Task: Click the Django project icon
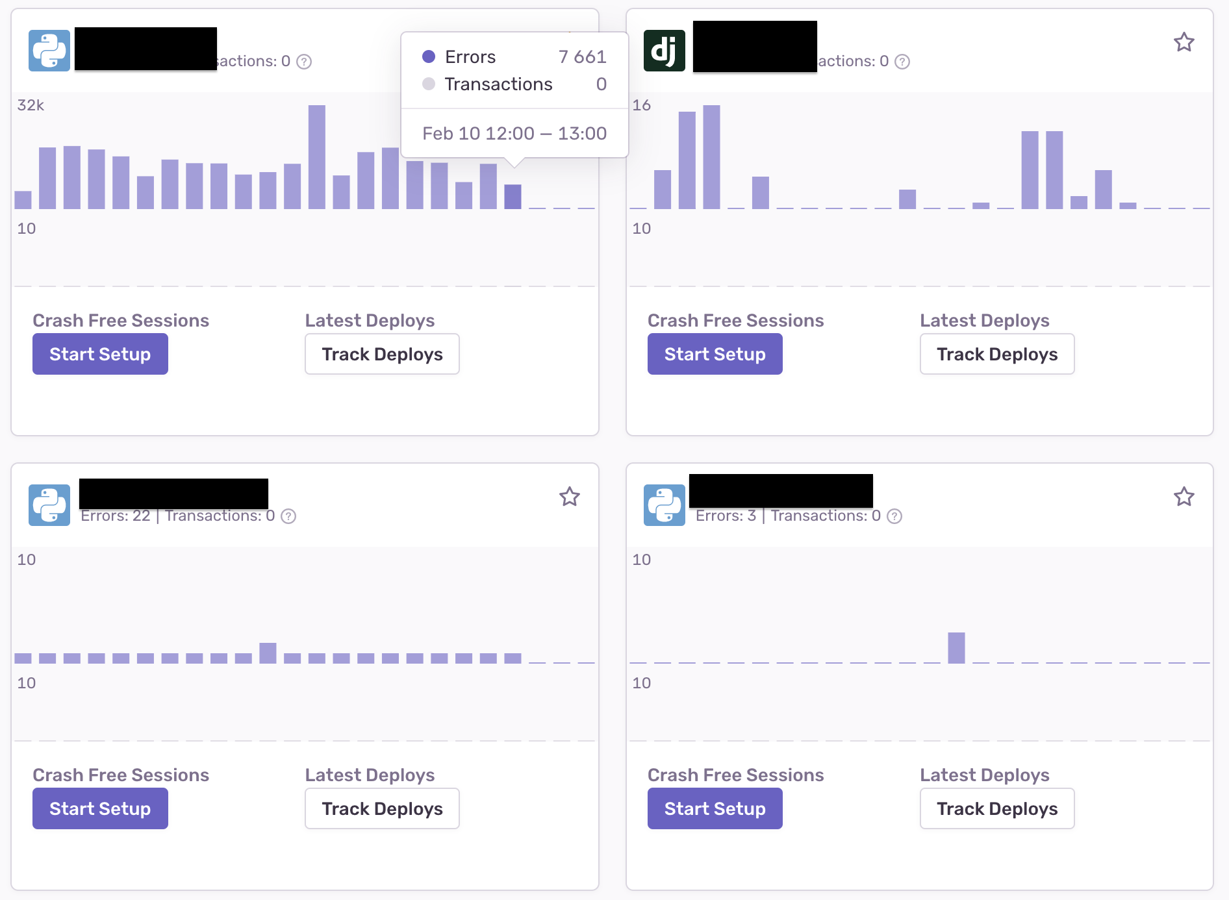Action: (x=664, y=51)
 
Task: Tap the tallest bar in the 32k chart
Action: (x=317, y=157)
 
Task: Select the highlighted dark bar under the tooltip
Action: (x=513, y=197)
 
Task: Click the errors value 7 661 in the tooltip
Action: (x=582, y=57)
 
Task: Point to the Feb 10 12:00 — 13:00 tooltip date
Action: (x=514, y=133)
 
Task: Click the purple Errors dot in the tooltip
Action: (x=429, y=57)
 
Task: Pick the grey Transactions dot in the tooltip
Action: (x=429, y=84)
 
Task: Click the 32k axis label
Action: (x=31, y=105)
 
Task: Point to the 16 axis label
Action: (x=641, y=105)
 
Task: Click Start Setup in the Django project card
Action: (x=715, y=354)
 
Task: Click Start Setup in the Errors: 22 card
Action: (x=100, y=808)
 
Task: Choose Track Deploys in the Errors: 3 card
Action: (x=997, y=808)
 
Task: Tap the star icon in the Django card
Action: (x=1184, y=43)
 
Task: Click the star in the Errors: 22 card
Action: (x=570, y=497)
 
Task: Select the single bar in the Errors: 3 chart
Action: (x=956, y=648)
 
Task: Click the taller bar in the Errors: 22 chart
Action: (x=268, y=653)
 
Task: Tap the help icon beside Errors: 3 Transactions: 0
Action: (x=894, y=516)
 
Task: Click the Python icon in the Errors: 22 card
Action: (x=49, y=505)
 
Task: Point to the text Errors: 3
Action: (x=726, y=516)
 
